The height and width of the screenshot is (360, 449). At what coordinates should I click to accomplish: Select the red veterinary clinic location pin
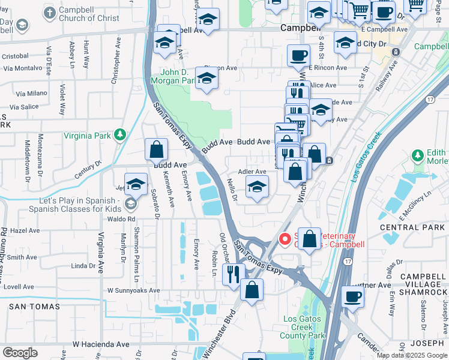click(286, 239)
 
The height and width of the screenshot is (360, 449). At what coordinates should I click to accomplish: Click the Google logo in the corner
click(20, 353)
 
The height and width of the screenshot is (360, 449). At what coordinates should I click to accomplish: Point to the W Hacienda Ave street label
click(100, 344)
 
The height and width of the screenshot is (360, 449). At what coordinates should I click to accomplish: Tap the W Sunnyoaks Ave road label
click(134, 290)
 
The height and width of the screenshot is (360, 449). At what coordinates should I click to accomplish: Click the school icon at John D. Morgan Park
click(206, 79)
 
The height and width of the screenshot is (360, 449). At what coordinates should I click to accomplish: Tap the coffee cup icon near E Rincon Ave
click(298, 57)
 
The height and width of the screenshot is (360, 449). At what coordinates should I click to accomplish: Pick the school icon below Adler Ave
click(257, 188)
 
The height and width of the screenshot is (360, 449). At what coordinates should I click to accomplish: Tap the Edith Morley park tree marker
click(418, 156)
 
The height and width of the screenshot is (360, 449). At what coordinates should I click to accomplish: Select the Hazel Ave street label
click(25, 230)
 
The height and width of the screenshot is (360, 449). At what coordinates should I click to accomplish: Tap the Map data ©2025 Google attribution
click(411, 355)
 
